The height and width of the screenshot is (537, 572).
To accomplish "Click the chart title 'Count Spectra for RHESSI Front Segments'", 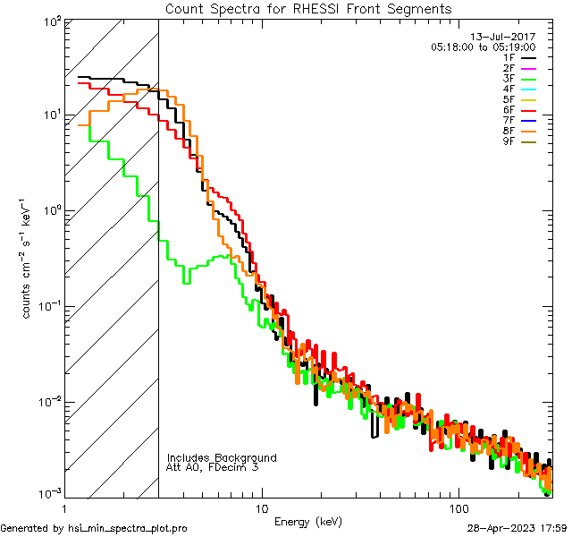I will tap(308, 8).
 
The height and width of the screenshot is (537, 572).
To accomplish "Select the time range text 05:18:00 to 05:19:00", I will tap(483, 47).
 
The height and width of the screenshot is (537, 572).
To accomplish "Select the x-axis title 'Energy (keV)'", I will tap(308, 521).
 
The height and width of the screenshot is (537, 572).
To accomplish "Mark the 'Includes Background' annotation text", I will tap(222, 457).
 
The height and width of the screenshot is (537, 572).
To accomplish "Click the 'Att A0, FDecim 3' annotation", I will tap(213, 467).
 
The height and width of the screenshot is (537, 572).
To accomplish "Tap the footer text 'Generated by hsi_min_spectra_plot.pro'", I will tap(94, 528).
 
